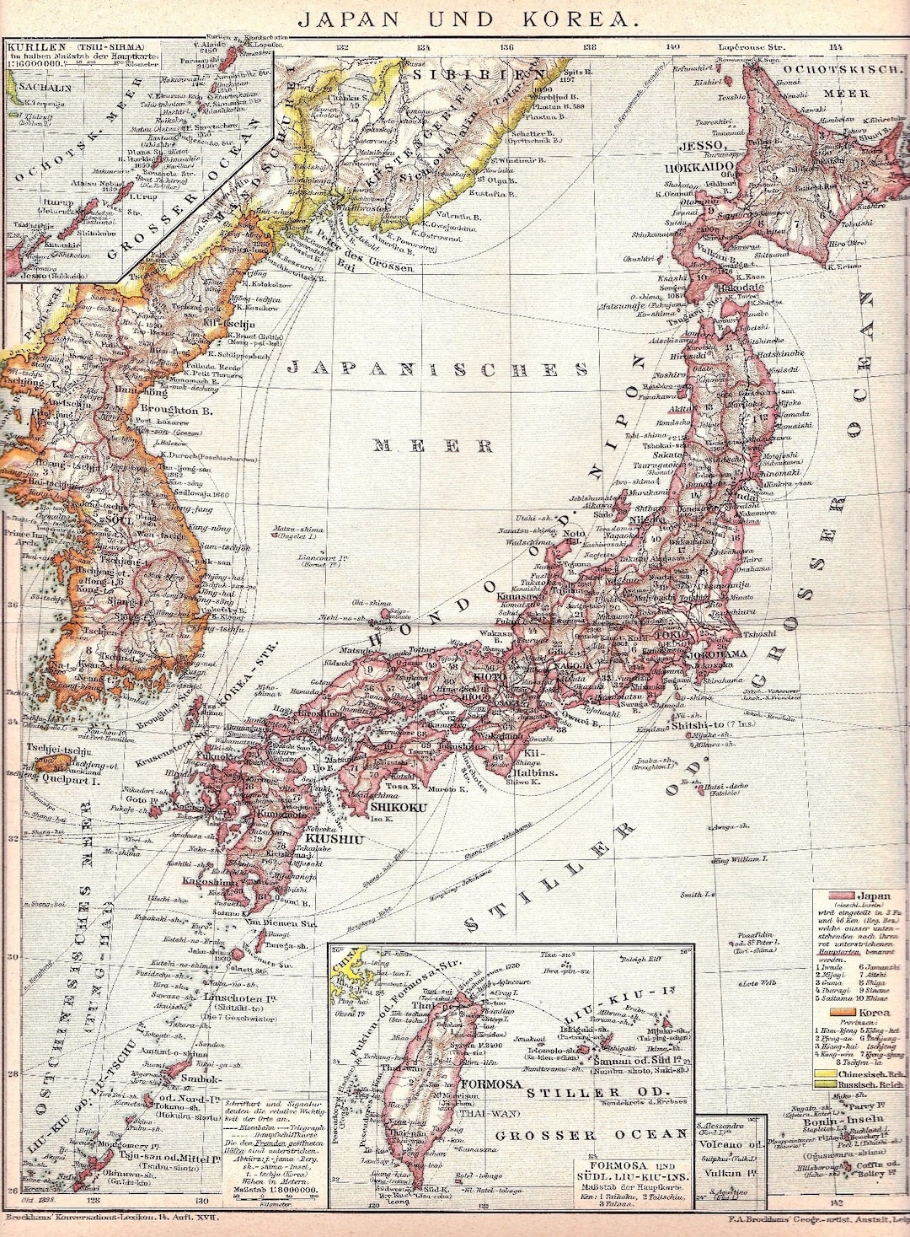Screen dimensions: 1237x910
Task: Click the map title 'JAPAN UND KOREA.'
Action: click(x=455, y=18)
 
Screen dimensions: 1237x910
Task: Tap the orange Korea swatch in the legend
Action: click(x=839, y=1011)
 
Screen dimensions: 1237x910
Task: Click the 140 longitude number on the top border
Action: click(x=672, y=48)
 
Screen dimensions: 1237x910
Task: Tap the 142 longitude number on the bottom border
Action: click(x=835, y=1202)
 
